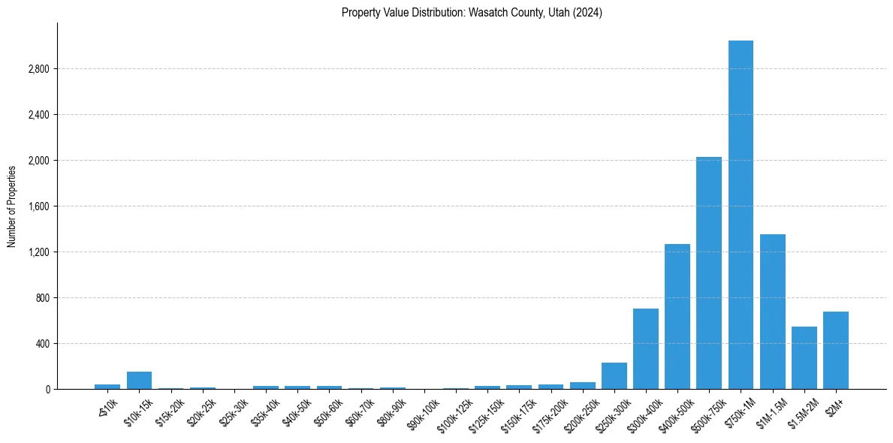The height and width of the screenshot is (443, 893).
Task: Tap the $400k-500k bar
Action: coord(677,316)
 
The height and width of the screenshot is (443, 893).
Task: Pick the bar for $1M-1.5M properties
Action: coord(773,312)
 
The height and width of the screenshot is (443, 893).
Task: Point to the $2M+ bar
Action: coord(836,350)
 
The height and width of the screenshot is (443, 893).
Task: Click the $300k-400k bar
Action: coord(646,348)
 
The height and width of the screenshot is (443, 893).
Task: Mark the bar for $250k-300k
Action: coord(614,375)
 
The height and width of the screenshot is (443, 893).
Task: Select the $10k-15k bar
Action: coord(139,380)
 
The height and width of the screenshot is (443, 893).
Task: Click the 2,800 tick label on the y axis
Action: coord(38,69)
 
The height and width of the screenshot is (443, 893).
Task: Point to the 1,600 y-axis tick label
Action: coord(38,206)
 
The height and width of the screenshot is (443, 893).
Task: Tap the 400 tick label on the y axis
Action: coord(42,344)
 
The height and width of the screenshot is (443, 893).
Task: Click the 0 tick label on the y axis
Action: coord(47,390)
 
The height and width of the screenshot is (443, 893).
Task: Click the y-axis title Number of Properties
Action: coord(11,206)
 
